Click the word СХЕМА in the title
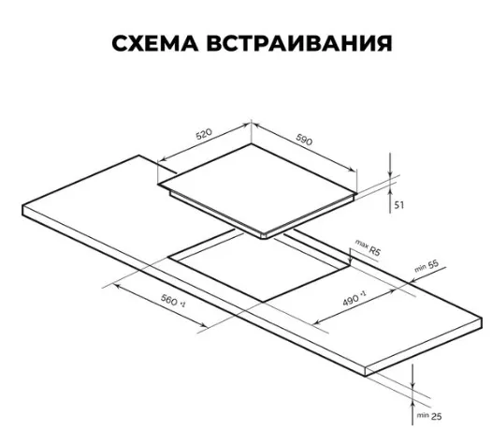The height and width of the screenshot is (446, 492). [x=155, y=43]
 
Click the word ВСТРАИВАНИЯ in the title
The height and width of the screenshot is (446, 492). [x=299, y=43]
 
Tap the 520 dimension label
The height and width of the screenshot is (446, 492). [x=204, y=134]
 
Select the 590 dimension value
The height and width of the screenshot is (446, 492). [x=304, y=140]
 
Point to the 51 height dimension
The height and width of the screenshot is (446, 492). [x=399, y=205]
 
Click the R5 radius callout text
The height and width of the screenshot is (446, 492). [x=374, y=250]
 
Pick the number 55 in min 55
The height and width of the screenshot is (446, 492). [x=433, y=264]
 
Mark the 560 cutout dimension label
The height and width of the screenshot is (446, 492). [x=169, y=300]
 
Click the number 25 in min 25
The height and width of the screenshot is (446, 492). [x=437, y=416]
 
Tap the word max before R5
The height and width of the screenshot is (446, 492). [x=361, y=245]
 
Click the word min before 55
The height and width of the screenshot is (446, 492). [x=421, y=268]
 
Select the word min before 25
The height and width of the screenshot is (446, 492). [x=423, y=415]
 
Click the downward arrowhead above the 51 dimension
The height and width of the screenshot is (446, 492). [x=390, y=173]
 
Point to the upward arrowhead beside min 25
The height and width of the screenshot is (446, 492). [x=412, y=404]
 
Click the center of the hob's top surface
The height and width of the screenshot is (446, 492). [x=257, y=188]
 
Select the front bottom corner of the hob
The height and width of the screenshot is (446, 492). [x=265, y=238]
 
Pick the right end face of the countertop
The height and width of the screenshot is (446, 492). [x=424, y=347]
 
